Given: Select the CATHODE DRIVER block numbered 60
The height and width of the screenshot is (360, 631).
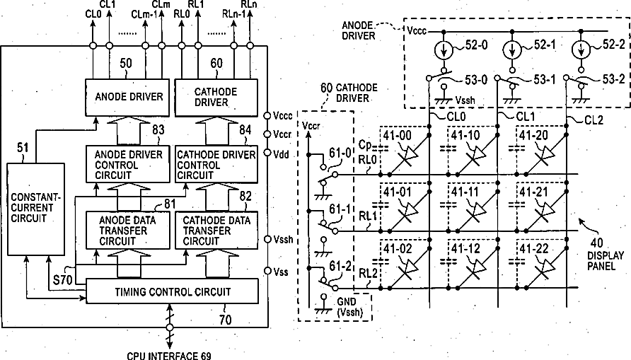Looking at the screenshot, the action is click(216, 97).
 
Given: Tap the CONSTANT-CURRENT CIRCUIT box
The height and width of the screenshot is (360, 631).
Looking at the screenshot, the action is click(36, 209).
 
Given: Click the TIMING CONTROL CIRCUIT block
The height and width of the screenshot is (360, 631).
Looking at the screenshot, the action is click(172, 291).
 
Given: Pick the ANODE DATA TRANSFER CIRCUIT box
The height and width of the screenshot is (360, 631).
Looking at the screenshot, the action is click(128, 231).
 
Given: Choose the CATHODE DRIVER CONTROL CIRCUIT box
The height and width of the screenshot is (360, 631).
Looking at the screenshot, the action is click(216, 165).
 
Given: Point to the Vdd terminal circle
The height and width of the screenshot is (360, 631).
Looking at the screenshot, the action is click(267, 153).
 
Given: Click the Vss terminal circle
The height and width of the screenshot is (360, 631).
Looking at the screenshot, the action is click(267, 271).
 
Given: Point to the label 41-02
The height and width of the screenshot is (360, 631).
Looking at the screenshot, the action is click(398, 250).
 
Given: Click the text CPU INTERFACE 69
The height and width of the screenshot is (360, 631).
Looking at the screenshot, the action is click(168, 356).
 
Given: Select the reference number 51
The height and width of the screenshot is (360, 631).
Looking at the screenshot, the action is click(23, 148).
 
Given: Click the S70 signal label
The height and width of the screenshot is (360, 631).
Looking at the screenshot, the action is click(62, 279).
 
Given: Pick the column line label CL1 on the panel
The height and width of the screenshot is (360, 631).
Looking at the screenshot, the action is click(526, 117).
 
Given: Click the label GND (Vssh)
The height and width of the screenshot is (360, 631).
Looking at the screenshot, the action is click(349, 307).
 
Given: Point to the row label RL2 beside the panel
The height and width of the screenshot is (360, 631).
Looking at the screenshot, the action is click(368, 274).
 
